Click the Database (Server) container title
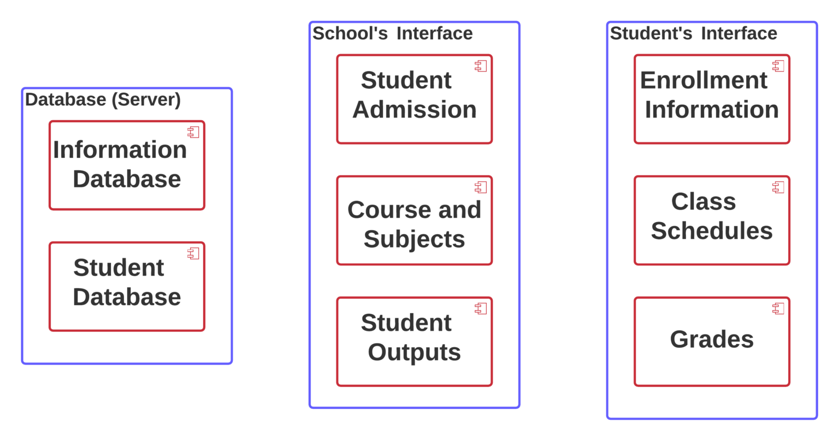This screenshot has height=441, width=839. pos(103,100)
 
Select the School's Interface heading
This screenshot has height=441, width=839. pos(392,33)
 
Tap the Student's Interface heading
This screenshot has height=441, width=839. pos(693,33)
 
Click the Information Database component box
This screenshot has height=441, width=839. pos(127,165)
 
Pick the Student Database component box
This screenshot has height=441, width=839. pos(127,287)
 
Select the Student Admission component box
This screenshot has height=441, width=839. pos(414,99)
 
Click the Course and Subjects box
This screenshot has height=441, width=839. pos(414,221)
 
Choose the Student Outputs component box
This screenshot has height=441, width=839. pos(414,342)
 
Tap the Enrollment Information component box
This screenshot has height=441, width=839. pos(712,99)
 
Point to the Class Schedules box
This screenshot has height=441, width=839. pos(712,221)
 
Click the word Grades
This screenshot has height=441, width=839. pos(712,339)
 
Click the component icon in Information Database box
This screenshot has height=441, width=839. pos(193,132)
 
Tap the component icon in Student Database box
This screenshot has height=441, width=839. pos(193,253)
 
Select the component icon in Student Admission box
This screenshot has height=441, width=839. pos(481,66)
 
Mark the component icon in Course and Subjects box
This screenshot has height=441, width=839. pos(481,187)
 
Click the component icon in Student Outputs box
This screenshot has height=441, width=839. pos(481,308)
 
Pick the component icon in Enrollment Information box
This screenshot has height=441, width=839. pos(778,66)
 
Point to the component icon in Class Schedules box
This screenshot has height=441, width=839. pos(778,187)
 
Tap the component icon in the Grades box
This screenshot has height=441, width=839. pos(778,308)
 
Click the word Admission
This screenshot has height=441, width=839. pos(414,110)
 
